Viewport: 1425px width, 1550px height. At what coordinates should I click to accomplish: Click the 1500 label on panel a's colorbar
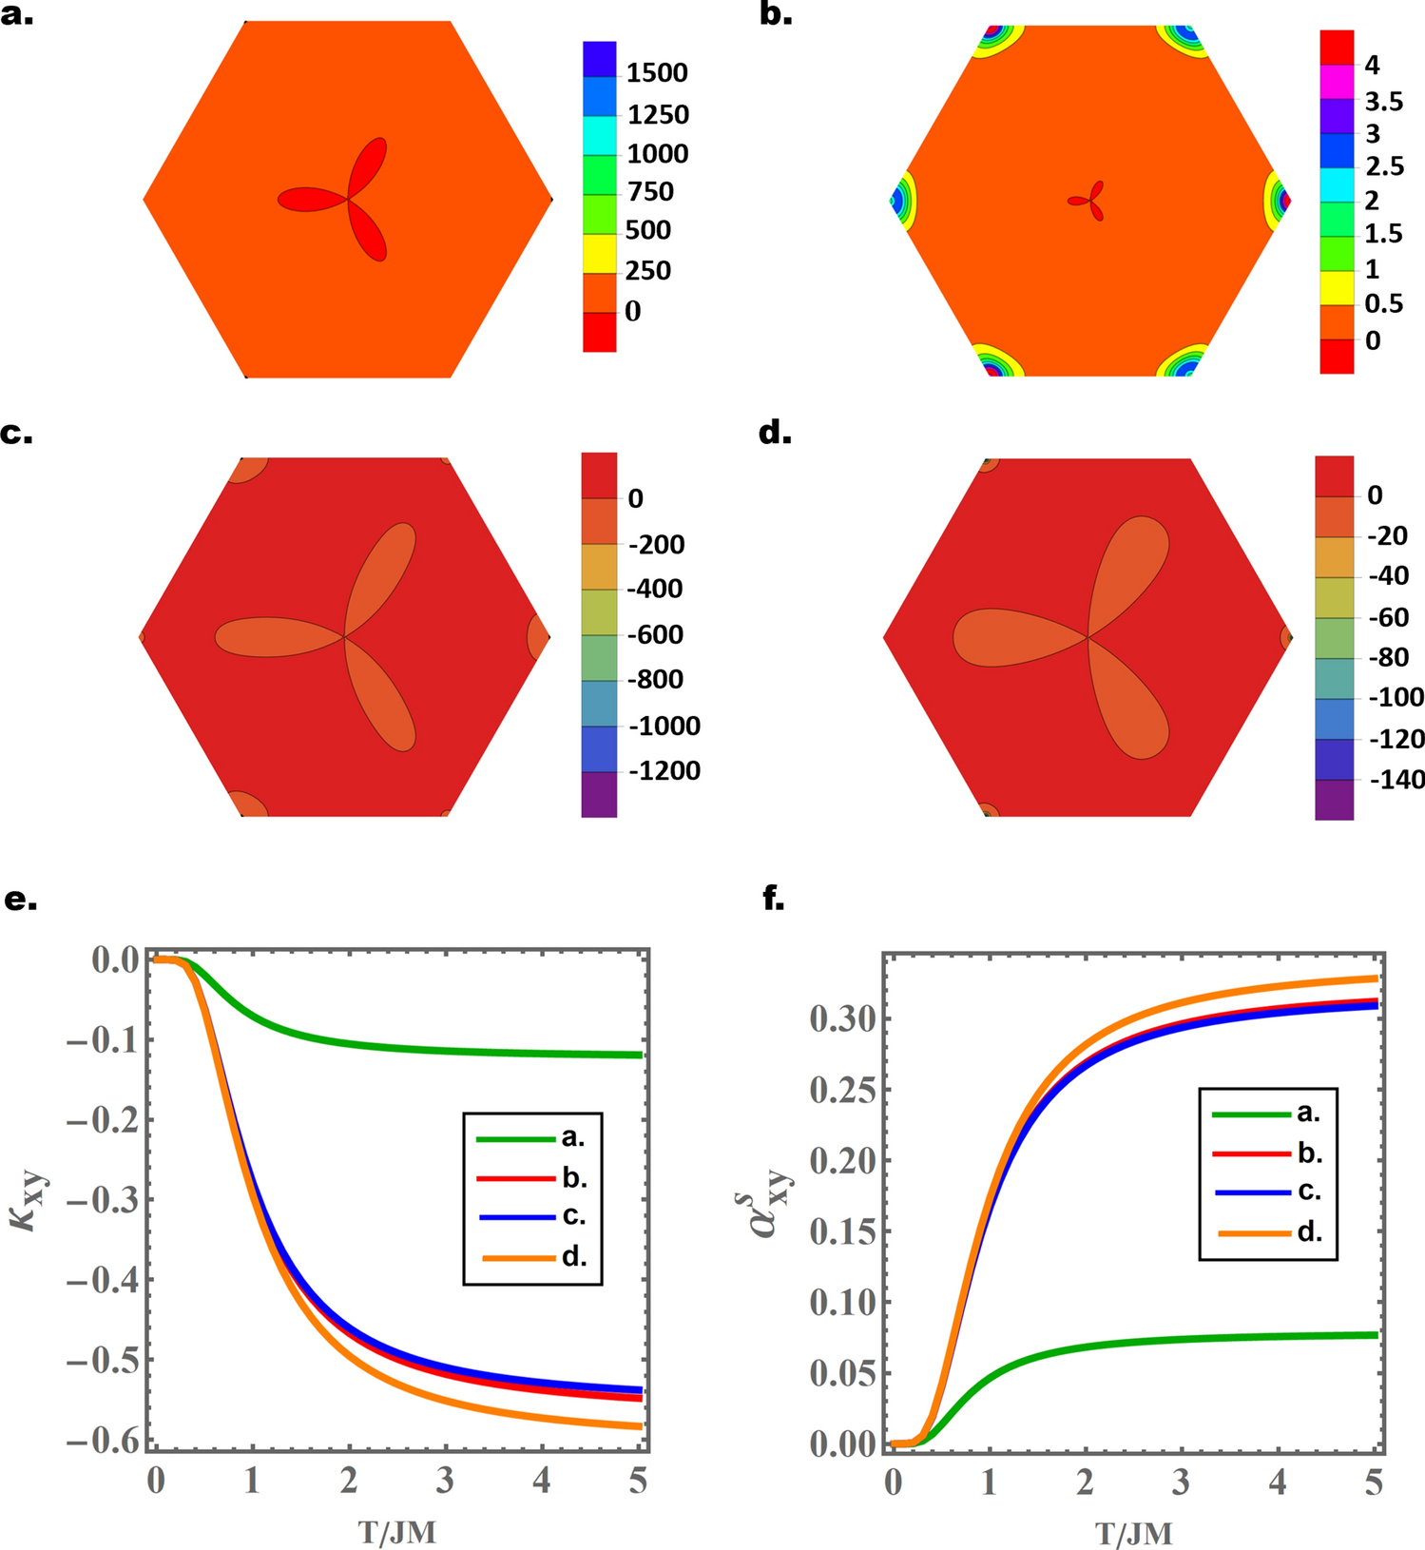click(656, 73)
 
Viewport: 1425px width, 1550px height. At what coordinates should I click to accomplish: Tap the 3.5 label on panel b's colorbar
click(1384, 102)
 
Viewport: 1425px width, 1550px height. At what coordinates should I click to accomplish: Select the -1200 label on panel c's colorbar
click(664, 770)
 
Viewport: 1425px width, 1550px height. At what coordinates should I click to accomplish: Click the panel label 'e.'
click(21, 899)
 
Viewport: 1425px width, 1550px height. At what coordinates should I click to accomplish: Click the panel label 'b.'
click(776, 14)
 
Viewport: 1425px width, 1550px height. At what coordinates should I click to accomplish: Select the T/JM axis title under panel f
click(1133, 1533)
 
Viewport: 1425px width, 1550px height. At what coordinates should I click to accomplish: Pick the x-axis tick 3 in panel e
click(445, 1481)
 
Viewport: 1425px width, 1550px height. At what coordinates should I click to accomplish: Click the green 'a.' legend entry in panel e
click(532, 1137)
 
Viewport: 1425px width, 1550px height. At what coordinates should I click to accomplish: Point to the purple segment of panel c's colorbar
click(599, 795)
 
